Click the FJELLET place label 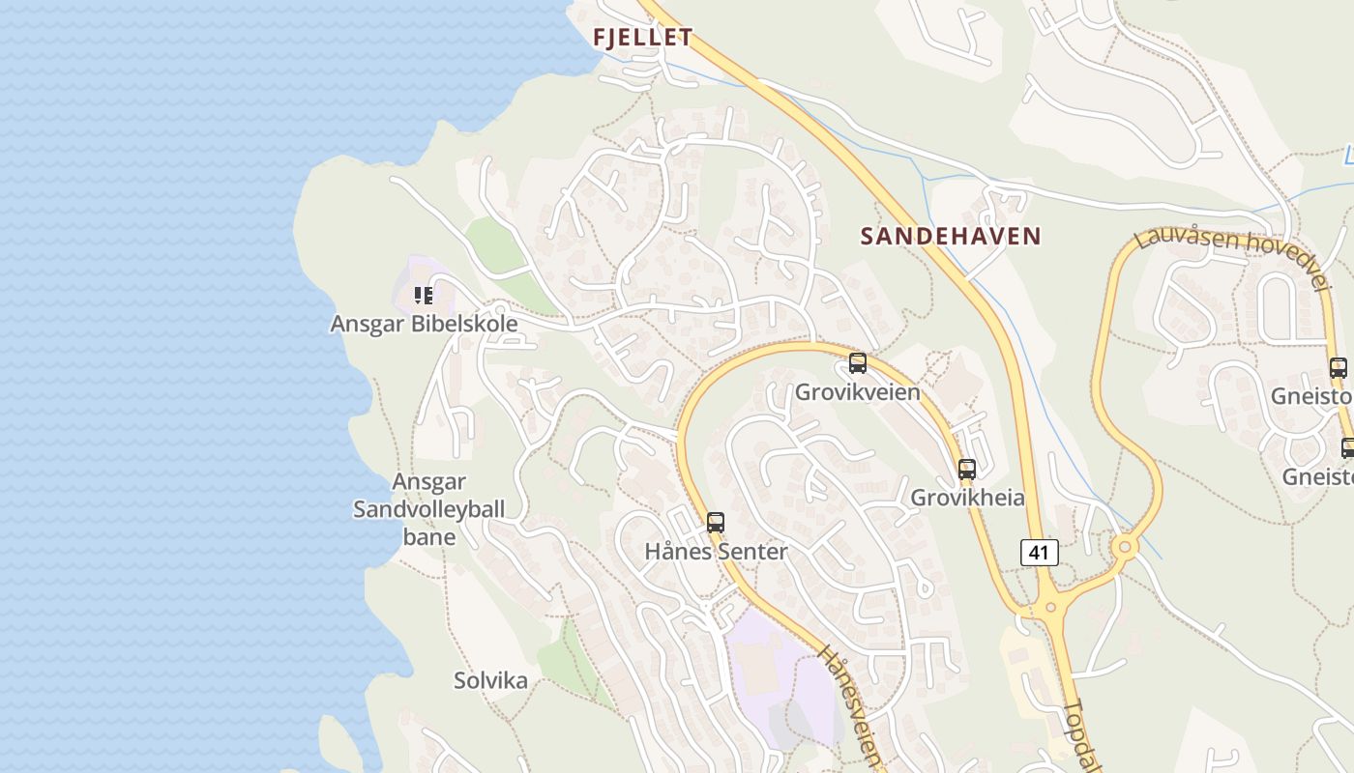pyautogui.click(x=643, y=38)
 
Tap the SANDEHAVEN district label pyautogui.click(x=951, y=236)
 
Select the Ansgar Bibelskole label pyautogui.click(x=424, y=324)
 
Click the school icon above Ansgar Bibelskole pyautogui.click(x=424, y=295)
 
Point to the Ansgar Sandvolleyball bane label pyautogui.click(x=428, y=509)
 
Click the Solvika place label pyautogui.click(x=491, y=681)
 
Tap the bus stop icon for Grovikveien pyautogui.click(x=858, y=363)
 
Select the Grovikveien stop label pyautogui.click(x=858, y=392)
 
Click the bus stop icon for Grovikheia pyautogui.click(x=967, y=470)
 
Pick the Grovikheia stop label pyautogui.click(x=967, y=499)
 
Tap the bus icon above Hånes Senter pyautogui.click(x=716, y=523)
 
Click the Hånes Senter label pyautogui.click(x=716, y=552)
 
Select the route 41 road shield pyautogui.click(x=1039, y=553)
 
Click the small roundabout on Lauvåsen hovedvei pyautogui.click(x=1125, y=548)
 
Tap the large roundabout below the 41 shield pyautogui.click(x=1051, y=608)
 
